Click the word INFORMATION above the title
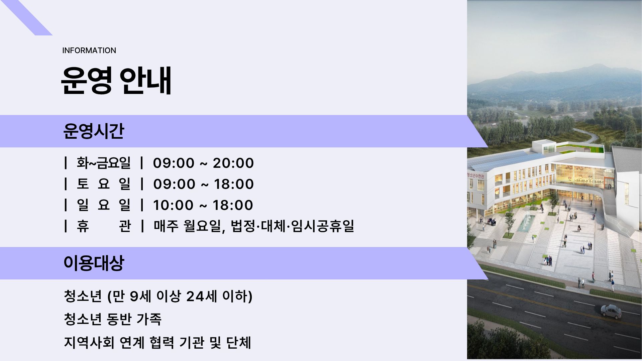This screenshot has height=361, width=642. [89, 50]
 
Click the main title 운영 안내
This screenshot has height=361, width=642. [116, 80]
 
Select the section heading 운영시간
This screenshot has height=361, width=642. [94, 131]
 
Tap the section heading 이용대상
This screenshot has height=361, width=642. [94, 263]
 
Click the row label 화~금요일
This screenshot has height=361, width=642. [104, 163]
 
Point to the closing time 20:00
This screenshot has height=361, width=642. [233, 163]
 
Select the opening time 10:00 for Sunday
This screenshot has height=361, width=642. [173, 205]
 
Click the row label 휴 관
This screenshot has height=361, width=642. [104, 226]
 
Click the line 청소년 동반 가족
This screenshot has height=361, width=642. [113, 319]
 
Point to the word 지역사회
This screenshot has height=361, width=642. [89, 342]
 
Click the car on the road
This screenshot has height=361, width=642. [611, 312]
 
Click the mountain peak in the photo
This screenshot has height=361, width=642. [588, 66]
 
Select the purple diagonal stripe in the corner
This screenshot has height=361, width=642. [27, 17]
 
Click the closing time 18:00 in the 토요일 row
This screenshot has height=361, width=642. [233, 184]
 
